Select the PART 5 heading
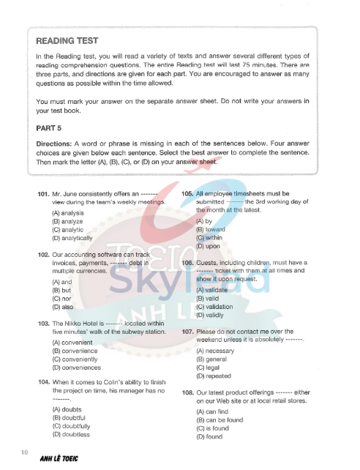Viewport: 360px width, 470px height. pos(49,127)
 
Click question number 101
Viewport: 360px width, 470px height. pos(42,194)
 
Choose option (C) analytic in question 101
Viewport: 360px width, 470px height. pos(68,229)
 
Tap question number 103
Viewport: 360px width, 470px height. pos(42,323)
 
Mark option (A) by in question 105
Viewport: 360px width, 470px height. pos(203,220)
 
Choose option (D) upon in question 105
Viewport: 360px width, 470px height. pos(207,247)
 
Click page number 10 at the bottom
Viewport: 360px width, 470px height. pos(25,452)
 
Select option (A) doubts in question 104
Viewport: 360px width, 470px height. pos(67,409)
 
